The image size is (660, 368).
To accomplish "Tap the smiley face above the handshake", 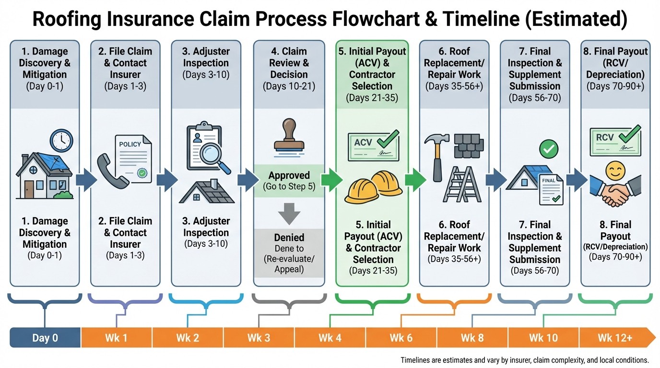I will pos(615,171).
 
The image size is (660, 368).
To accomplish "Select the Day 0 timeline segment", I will pos(45,337).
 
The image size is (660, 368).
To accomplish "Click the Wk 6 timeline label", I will pos(401,337).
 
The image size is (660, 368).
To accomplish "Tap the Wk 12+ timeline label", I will pos(615,337).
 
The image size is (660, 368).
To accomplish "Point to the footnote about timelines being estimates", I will pos(524,360).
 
